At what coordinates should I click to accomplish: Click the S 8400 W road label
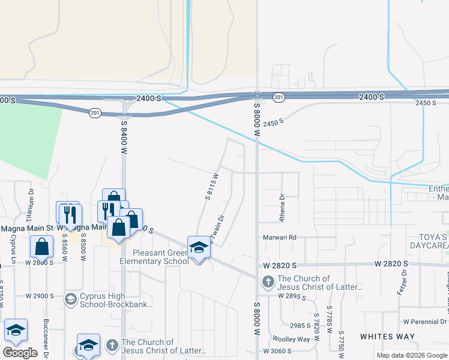point(125,139)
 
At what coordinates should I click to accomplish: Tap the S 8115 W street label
point(211,185)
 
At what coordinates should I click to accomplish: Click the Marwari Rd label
point(280,237)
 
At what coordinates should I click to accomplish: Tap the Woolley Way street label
point(291,339)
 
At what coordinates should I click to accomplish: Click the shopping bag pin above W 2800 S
point(41,246)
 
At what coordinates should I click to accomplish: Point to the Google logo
point(20,353)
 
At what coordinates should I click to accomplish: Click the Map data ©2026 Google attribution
point(411,355)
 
